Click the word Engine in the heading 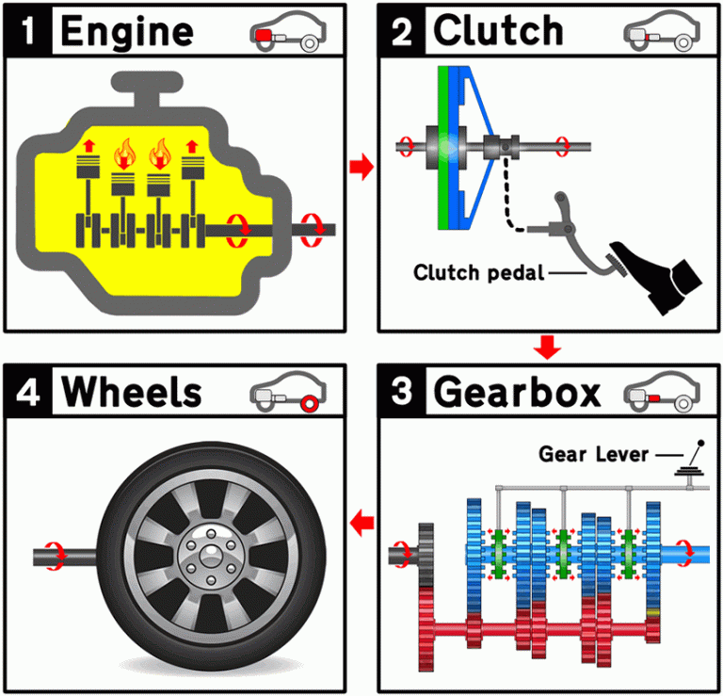click(126, 31)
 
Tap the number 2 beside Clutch click(400, 31)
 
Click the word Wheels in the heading click(132, 393)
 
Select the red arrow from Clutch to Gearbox click(547, 348)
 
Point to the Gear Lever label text click(593, 454)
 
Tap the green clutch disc click(442, 147)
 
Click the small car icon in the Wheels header click(286, 394)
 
